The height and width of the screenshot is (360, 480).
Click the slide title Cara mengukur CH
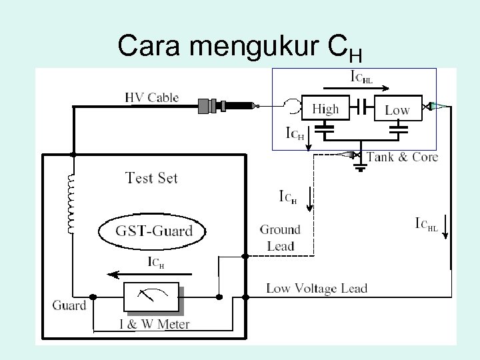[239, 47]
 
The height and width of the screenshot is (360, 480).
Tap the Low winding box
[397, 109]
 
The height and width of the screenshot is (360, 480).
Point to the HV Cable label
[152, 97]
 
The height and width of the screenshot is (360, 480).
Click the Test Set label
[152, 178]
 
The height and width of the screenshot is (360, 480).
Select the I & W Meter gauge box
[151, 297]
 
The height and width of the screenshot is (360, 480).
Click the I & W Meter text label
[154, 325]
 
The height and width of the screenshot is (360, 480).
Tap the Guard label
[69, 305]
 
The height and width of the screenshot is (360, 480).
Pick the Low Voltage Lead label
[317, 289]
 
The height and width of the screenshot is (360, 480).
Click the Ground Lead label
[280, 237]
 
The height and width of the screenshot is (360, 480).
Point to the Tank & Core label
[402, 157]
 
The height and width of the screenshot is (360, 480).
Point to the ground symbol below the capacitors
[360, 167]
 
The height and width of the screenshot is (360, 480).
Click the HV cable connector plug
[227, 105]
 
